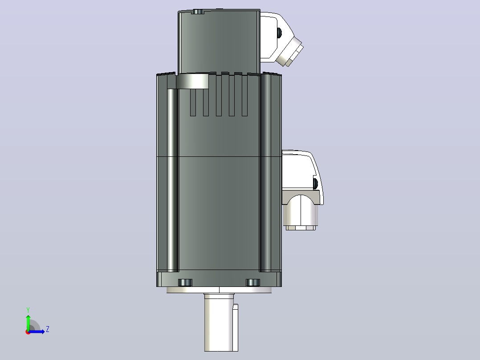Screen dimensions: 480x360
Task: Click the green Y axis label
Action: point(28,310)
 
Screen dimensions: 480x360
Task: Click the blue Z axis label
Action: point(48,329)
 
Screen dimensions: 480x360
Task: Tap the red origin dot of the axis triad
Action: point(28,332)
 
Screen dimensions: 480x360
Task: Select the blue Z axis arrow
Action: point(37,331)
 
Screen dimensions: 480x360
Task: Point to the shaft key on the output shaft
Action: point(236,327)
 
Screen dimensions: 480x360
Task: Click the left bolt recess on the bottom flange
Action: point(185,282)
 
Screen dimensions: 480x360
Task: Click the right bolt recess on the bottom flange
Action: point(253,282)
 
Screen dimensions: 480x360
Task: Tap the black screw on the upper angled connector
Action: point(279,33)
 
